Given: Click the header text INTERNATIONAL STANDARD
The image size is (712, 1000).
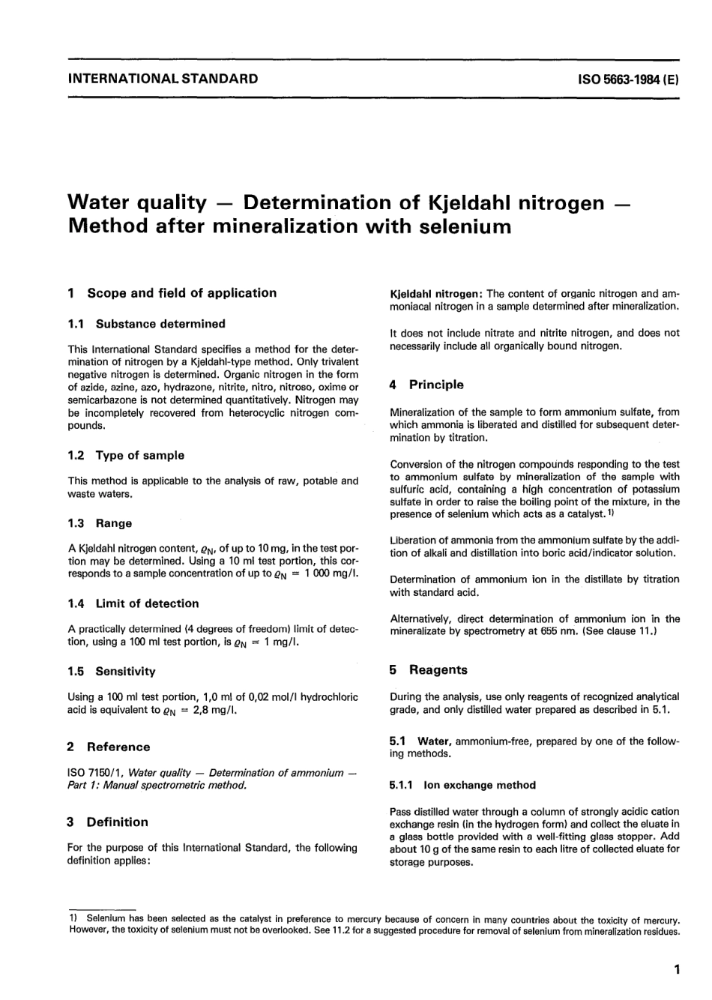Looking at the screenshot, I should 163,78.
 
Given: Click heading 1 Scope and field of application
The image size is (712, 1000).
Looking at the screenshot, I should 172,293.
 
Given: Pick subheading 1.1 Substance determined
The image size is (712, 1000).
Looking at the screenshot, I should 146,324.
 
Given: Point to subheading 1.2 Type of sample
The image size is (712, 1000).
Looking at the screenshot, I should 126,455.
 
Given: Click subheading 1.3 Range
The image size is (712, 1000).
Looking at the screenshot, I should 100,523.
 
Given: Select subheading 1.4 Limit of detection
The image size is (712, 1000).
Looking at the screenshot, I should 133,603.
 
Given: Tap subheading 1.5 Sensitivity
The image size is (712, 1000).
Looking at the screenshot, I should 112,672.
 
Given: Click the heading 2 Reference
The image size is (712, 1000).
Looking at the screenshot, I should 109,747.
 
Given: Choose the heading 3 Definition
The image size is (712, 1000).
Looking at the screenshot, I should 108,822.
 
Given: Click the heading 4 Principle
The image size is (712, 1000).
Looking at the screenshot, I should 426,385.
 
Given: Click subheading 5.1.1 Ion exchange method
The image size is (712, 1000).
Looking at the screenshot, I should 462,785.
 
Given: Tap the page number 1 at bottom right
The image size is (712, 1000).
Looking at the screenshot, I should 677,970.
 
